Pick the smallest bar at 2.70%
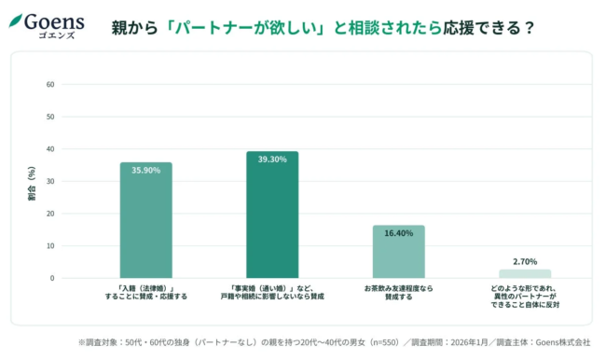point(525,273)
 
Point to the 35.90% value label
point(145,171)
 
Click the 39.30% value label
point(272,159)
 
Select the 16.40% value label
point(398,233)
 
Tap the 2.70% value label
point(525,262)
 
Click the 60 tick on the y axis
point(50,85)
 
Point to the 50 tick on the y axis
point(50,117)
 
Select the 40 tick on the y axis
point(50,149)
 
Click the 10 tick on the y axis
point(50,246)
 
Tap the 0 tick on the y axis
point(52,278)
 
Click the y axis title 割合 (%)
point(31,183)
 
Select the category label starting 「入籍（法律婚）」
point(145,293)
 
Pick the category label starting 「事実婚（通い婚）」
point(272,293)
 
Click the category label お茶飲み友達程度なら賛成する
point(398,293)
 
